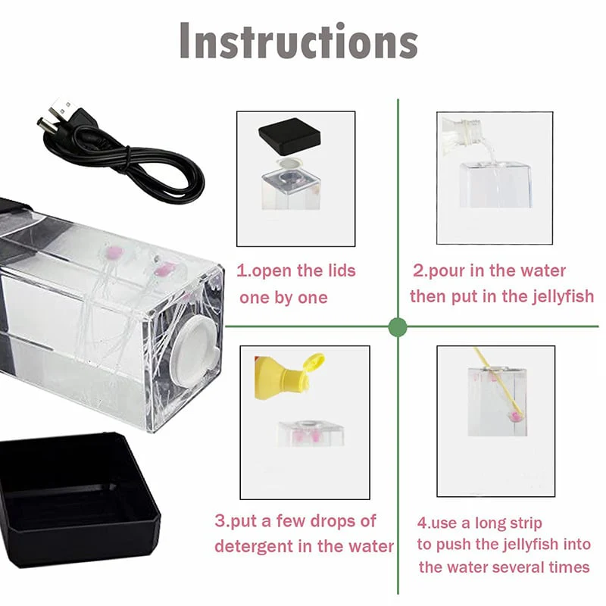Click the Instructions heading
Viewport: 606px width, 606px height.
pos(298,41)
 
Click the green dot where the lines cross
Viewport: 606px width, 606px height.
pos(397,327)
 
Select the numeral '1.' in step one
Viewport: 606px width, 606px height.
pos(243,271)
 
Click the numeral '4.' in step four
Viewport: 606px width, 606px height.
pos(424,523)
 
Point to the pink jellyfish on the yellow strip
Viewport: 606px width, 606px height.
pos(516,417)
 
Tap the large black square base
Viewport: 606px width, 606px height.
pos(77,498)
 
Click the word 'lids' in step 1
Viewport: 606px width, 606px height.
pos(342,270)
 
